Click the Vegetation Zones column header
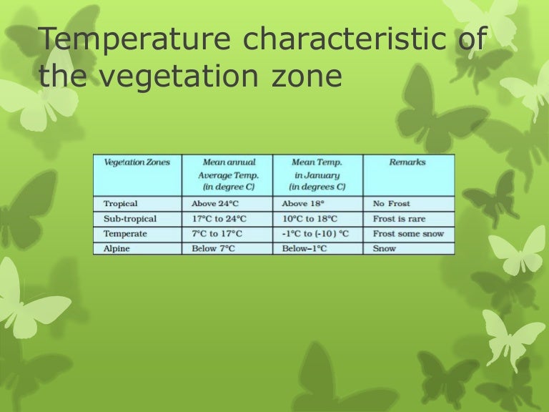(137, 162)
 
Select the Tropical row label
(121, 204)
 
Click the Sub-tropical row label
(129, 219)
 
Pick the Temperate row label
(125, 234)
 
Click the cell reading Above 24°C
(214, 204)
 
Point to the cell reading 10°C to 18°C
(310, 219)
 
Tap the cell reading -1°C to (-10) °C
(315, 234)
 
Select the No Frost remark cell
(392, 204)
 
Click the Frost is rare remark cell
(398, 219)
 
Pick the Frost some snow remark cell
(408, 234)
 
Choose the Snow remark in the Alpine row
(385, 248)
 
